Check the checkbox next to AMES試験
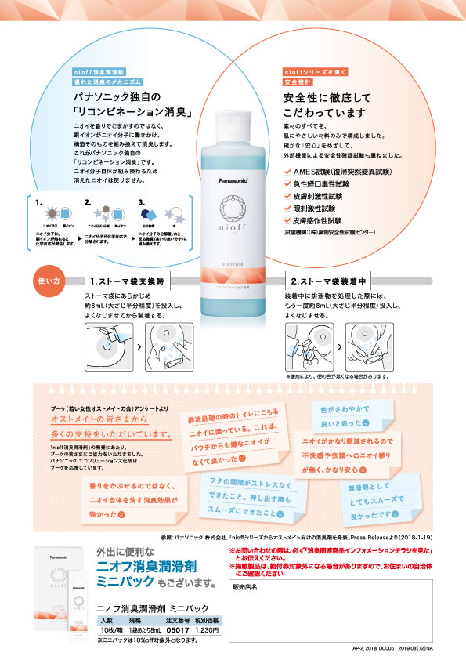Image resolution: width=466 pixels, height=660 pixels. pyautogui.click(x=287, y=171)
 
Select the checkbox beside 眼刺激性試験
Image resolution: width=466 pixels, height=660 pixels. pyautogui.click(x=287, y=209)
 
